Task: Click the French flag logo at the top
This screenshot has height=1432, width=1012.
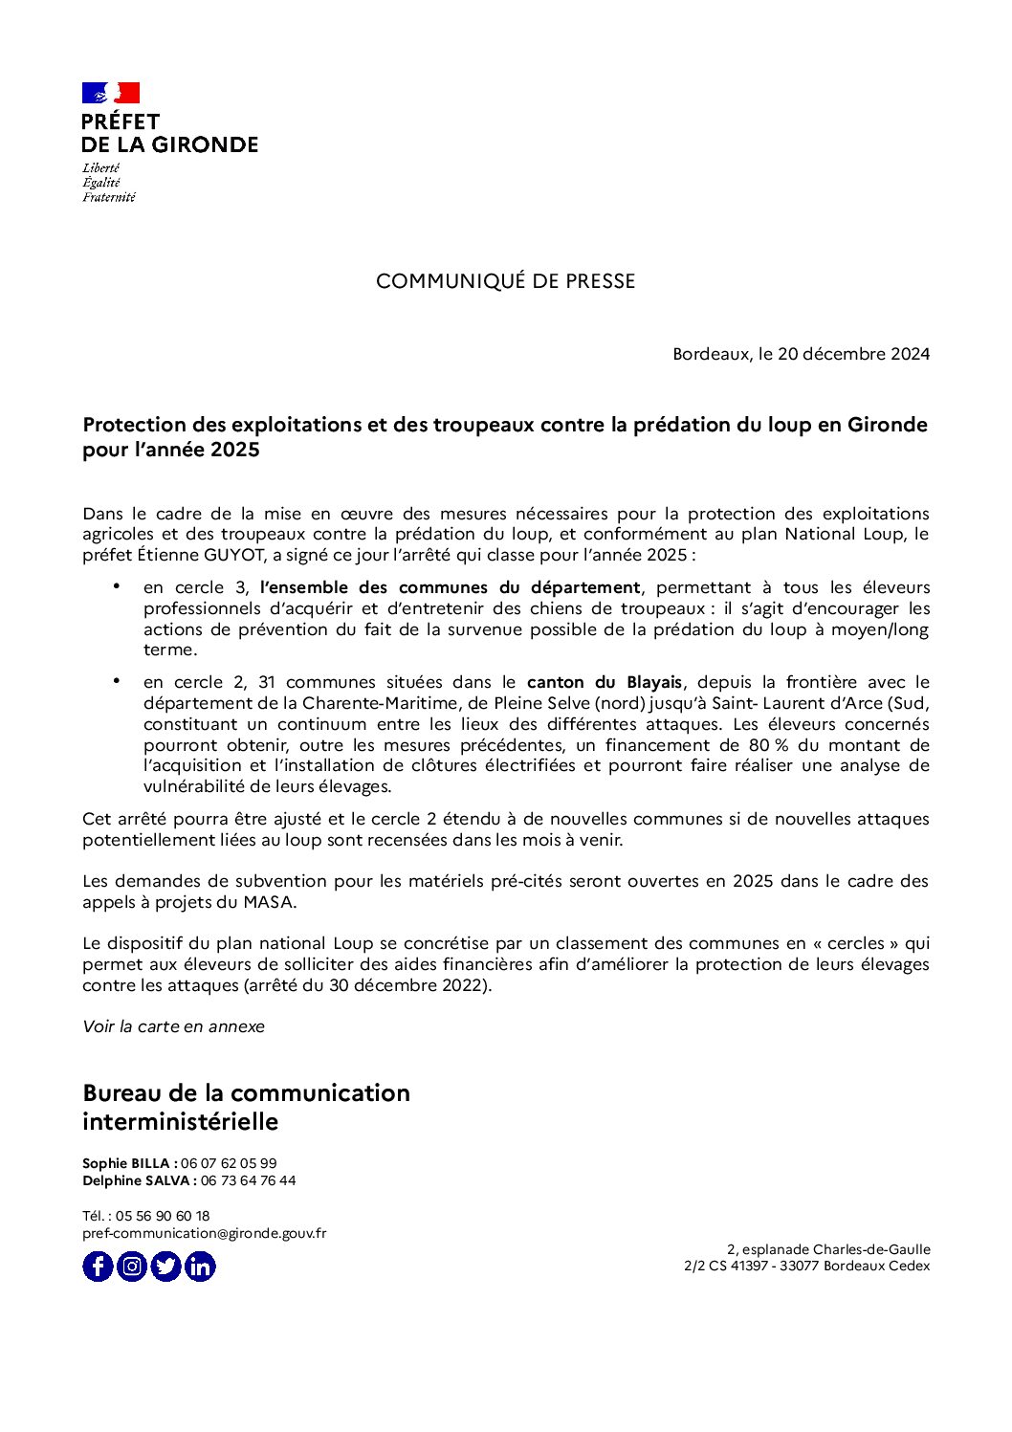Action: coord(111,93)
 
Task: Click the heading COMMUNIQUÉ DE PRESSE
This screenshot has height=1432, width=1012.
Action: coord(505,281)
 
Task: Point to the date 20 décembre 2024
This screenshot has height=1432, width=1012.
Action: coord(853,354)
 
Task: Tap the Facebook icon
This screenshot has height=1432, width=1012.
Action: coord(98,1267)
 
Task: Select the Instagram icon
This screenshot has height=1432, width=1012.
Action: coord(132,1267)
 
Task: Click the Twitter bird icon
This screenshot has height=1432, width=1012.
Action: coord(165,1267)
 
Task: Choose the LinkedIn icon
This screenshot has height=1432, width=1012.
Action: coord(200,1267)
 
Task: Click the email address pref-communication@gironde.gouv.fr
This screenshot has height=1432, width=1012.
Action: coord(204,1233)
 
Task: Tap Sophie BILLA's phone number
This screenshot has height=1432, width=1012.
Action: coord(229,1163)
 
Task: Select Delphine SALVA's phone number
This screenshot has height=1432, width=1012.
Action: coord(248,1180)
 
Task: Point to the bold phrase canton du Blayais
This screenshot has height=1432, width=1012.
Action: coord(605,682)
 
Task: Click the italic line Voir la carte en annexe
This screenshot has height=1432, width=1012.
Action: coord(173,1026)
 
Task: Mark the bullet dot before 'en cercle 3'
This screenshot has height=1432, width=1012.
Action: coord(117,584)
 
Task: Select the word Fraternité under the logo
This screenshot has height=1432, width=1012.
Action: coord(109,197)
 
